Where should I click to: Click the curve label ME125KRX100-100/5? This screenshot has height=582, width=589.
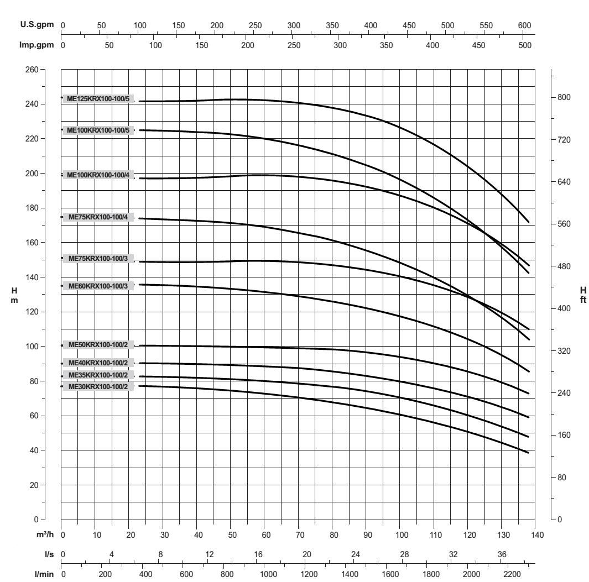[x=98, y=99]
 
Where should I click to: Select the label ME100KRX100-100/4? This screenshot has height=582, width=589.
[x=98, y=175]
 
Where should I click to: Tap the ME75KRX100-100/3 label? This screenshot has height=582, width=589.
[x=98, y=258]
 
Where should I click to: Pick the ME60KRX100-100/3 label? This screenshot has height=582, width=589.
[x=98, y=286]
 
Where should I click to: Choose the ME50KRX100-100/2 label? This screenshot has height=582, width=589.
[x=98, y=345]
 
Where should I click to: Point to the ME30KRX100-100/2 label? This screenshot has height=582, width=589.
[x=98, y=386]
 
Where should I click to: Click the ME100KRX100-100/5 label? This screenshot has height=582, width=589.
[x=98, y=130]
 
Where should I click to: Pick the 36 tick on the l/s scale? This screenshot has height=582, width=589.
[x=502, y=554]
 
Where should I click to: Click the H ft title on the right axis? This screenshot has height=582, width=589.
[x=582, y=295]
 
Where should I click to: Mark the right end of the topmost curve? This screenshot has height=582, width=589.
[x=529, y=222]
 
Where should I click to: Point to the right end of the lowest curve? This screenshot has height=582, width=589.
[x=529, y=453]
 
